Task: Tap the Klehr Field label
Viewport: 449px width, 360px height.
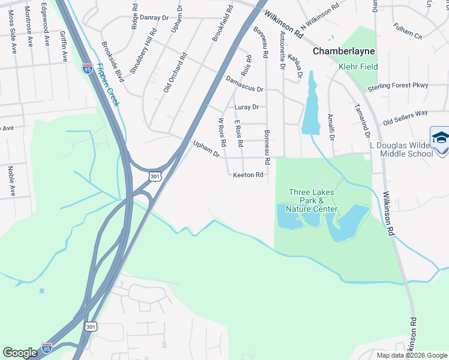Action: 358,67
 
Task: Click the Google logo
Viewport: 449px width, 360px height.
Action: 20,353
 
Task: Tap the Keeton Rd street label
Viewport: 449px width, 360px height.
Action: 249,175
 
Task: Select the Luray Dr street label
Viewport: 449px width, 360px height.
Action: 246,107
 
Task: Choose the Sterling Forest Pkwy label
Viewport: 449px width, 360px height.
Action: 398,85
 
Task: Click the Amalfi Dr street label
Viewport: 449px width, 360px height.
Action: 331,127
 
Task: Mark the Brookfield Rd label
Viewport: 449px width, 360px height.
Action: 222,23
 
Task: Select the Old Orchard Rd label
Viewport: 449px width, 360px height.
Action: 175,73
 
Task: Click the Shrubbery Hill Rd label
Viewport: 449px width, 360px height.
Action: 144,52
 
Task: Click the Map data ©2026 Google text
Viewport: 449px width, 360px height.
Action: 412,355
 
